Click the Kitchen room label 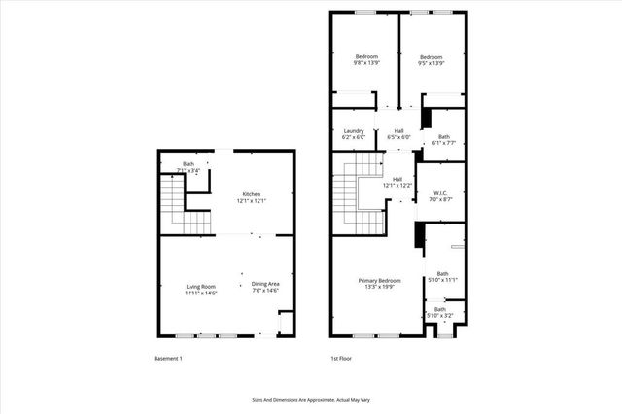click(251, 194)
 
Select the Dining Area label click(265, 284)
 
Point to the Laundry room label click(353, 130)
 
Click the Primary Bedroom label click(374, 280)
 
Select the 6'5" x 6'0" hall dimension click(398, 137)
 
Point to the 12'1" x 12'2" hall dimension click(397, 186)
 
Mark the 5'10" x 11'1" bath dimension click(443, 280)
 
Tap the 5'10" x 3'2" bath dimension click(440, 316)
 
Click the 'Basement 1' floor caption click(168, 359)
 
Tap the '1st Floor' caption click(341, 359)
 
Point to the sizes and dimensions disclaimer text click(310, 398)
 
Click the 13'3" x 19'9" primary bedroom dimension click(374, 287)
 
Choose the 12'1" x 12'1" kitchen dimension click(251, 201)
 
